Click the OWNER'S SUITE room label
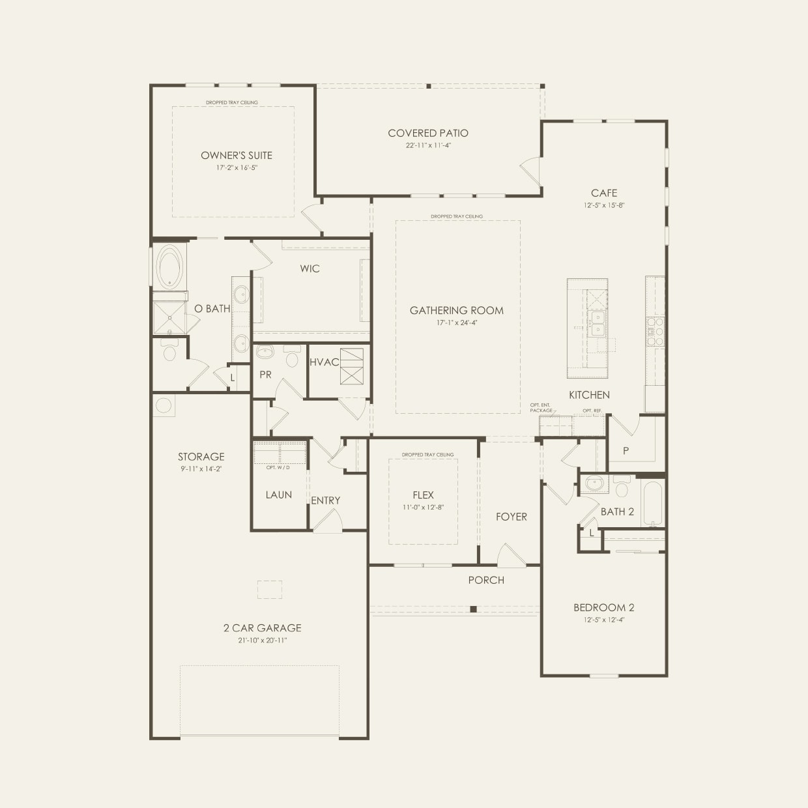coord(236,155)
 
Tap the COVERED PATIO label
coord(428,133)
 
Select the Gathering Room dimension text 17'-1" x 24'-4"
coord(456,323)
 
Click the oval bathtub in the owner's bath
coord(169,266)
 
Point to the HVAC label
coord(323,362)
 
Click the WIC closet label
coord(310,268)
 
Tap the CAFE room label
coord(603,193)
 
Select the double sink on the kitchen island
coord(596,321)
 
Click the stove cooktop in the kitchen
coord(654,331)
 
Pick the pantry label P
coord(626,450)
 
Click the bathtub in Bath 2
coord(652,503)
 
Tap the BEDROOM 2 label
coord(603,607)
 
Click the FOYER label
coord(511,517)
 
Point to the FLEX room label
coord(423,495)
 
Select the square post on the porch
coord(474,609)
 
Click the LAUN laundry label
coord(278,495)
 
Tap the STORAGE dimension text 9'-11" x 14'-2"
coord(201,469)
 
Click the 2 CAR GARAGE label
coord(262,628)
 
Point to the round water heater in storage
coord(163,406)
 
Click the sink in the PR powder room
coord(265,353)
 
